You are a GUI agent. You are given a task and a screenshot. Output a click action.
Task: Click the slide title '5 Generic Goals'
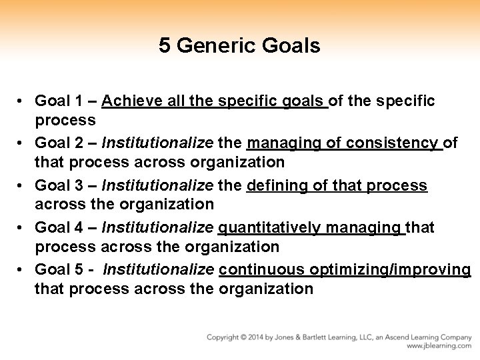(x=239, y=46)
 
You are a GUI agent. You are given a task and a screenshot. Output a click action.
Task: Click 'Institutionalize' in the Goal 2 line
(x=157, y=143)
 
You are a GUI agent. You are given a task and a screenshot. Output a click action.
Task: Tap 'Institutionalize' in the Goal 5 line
(x=159, y=270)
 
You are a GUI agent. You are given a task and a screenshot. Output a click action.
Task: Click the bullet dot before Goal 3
(x=22, y=185)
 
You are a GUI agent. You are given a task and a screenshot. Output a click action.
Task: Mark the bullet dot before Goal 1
(x=22, y=101)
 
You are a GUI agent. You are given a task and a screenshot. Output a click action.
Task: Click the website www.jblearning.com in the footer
(x=441, y=347)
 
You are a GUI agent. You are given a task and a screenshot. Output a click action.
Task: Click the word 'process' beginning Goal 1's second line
(x=65, y=121)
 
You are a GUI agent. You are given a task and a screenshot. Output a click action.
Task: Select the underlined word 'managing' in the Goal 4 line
(x=364, y=228)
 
